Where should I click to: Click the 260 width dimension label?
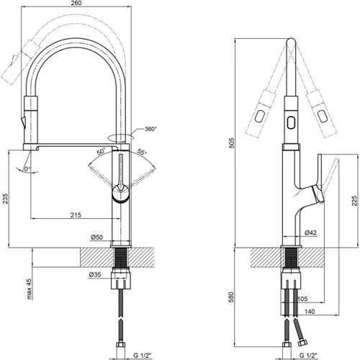click(x=76, y=3)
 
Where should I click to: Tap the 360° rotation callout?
click(x=150, y=129)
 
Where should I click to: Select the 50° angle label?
click(x=101, y=152)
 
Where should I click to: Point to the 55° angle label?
click(x=142, y=152)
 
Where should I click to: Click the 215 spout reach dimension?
click(x=76, y=215)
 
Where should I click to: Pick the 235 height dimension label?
click(x=5, y=199)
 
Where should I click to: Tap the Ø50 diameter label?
click(x=96, y=237)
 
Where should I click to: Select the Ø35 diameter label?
click(x=94, y=275)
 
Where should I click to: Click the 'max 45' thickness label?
click(x=29, y=289)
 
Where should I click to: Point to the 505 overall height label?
click(x=231, y=143)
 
